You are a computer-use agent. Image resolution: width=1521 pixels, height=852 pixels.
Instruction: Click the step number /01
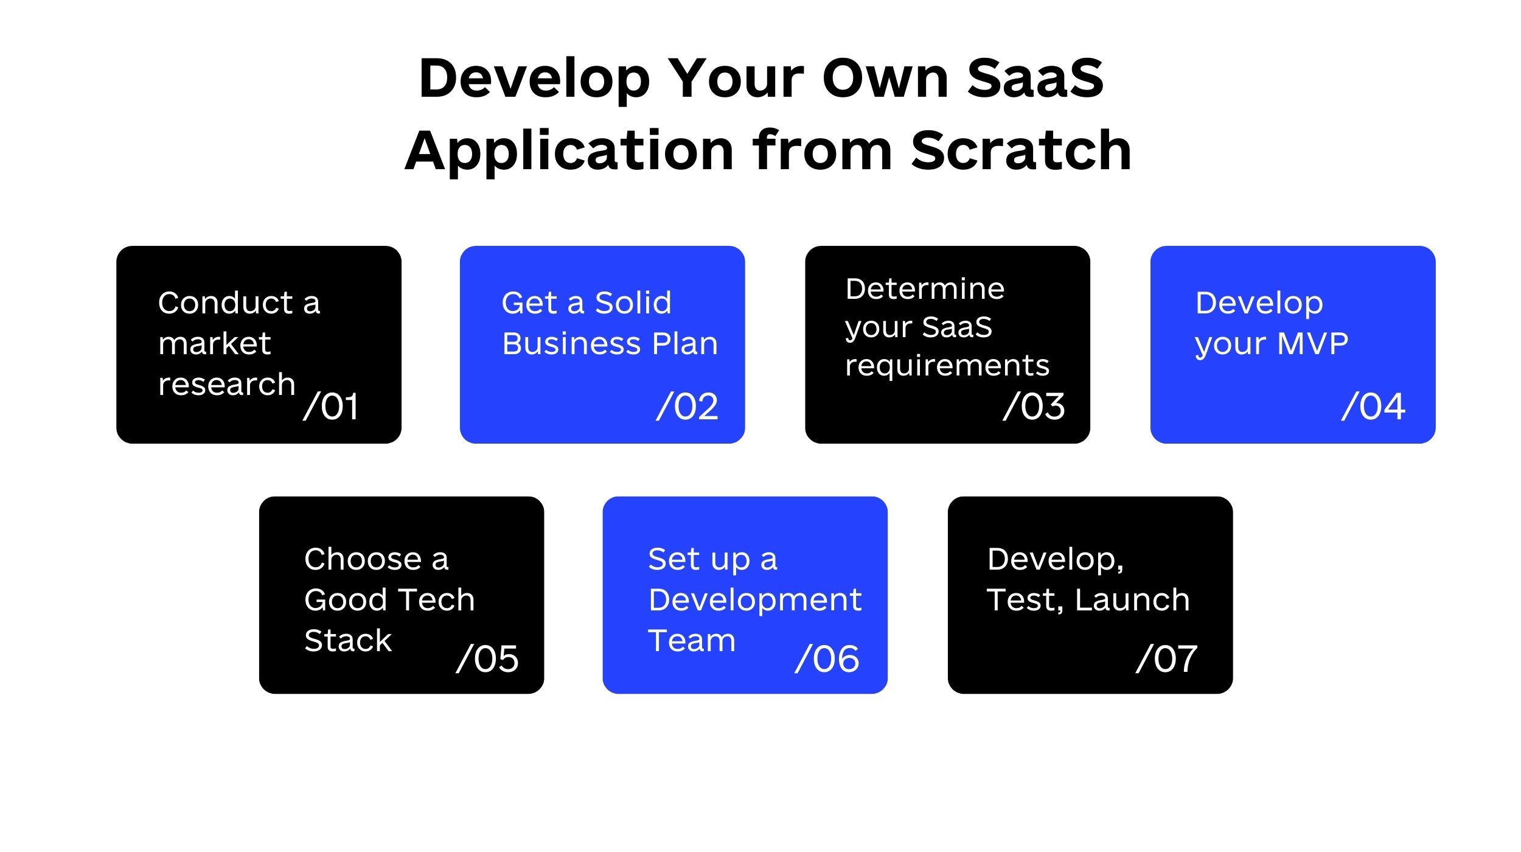pyautogui.click(x=331, y=406)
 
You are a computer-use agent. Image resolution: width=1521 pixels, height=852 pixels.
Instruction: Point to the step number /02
pyautogui.click(x=687, y=406)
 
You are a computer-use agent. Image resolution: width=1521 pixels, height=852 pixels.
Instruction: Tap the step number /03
pyautogui.click(x=1034, y=406)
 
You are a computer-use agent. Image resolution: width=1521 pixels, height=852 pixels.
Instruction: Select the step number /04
pyautogui.click(x=1374, y=406)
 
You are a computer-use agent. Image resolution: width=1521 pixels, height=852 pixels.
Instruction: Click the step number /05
pyautogui.click(x=487, y=658)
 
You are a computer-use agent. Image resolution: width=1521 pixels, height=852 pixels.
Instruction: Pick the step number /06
pyautogui.click(x=827, y=658)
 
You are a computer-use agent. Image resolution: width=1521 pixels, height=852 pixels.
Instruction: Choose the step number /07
pyautogui.click(x=1167, y=658)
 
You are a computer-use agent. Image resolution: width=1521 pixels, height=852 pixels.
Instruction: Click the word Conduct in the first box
pyautogui.click(x=226, y=302)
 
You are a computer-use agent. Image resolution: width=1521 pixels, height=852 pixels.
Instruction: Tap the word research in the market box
pyautogui.click(x=226, y=385)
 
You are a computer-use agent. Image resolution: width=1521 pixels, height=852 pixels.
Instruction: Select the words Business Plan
pyautogui.click(x=610, y=344)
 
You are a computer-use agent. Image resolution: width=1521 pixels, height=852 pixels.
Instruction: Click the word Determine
pyautogui.click(x=925, y=288)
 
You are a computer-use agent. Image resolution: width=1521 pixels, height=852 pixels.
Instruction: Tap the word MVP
pyautogui.click(x=1313, y=344)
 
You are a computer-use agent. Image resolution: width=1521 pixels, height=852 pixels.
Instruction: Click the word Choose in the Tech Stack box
pyautogui.click(x=363, y=559)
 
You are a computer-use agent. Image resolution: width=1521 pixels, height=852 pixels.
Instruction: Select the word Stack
pyautogui.click(x=348, y=640)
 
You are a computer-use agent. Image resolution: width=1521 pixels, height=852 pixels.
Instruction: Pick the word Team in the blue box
pyautogui.click(x=692, y=640)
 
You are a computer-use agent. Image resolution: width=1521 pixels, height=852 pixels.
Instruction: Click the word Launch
pyautogui.click(x=1132, y=599)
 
